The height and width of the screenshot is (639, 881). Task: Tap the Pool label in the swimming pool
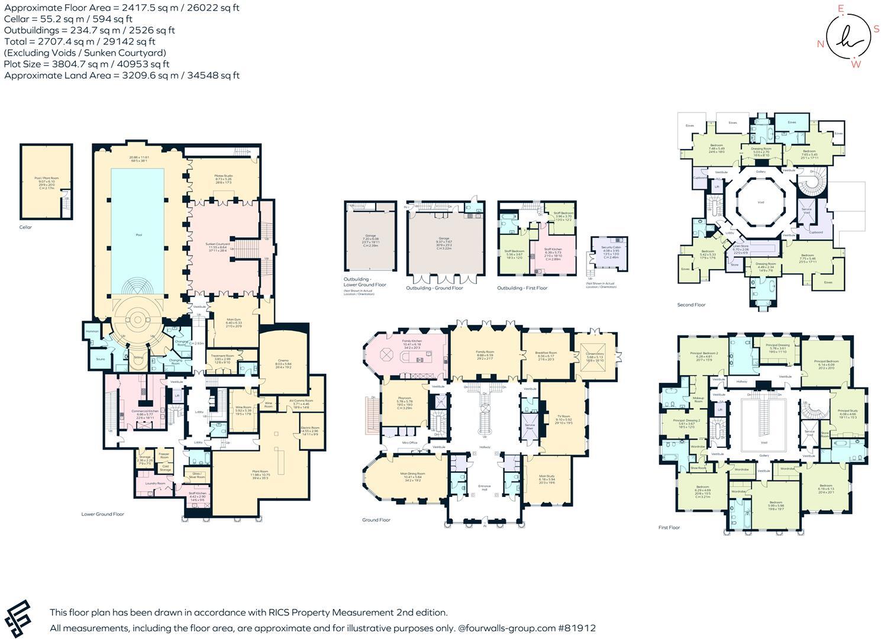click(138, 235)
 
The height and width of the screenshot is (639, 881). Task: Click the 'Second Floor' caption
click(691, 305)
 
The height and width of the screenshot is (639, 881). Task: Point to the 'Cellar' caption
click(25, 227)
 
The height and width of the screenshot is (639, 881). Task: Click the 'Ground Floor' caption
click(376, 520)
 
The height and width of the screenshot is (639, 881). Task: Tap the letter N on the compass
click(821, 44)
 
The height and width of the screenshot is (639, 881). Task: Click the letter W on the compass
click(856, 64)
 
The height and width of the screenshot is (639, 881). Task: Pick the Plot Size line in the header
click(86, 64)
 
